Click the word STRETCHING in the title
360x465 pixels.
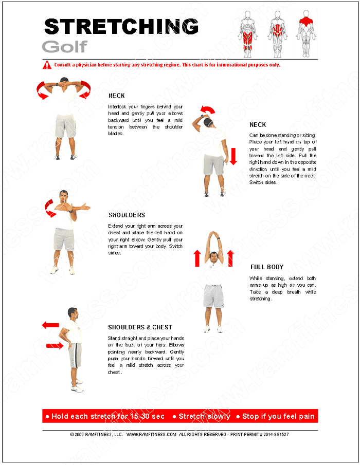tap(121, 27)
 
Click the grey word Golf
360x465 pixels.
tap(64, 47)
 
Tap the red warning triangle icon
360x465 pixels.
tap(47, 65)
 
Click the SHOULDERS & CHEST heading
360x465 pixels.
tap(140, 327)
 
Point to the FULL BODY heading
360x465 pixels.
tap(267, 267)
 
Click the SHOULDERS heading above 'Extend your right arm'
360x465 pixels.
tap(127, 215)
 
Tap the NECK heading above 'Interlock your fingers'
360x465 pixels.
tap(116, 96)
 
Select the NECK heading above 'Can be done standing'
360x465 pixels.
tap(258, 125)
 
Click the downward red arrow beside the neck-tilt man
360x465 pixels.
tap(233, 156)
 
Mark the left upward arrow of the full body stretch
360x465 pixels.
tap(196, 258)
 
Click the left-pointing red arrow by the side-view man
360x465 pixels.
tap(50, 325)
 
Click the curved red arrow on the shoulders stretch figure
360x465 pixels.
tap(49, 208)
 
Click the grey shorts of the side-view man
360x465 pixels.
tap(75, 355)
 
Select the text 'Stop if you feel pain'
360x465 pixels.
tap(276, 416)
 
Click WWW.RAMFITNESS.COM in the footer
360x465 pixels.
tap(151, 434)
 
